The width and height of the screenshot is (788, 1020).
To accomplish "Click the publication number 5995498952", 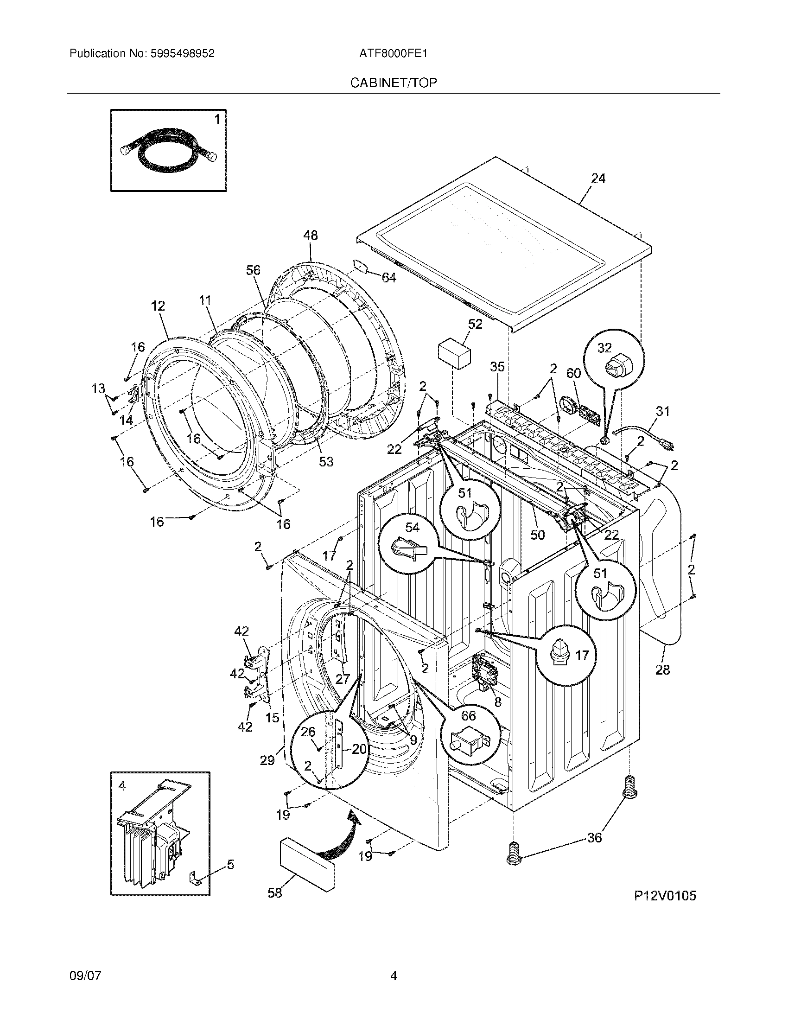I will (183, 54).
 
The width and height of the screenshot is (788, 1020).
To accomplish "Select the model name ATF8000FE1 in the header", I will (393, 54).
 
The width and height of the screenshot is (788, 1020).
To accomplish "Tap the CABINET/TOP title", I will (394, 83).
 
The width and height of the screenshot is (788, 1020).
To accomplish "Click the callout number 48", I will (310, 236).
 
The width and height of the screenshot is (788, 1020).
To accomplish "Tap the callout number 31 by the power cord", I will (662, 411).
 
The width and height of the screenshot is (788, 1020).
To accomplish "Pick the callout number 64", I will (388, 278).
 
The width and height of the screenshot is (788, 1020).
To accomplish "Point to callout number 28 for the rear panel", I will (662, 670).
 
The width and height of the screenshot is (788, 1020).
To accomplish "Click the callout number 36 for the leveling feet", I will (594, 838).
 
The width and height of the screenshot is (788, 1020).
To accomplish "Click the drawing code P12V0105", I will (664, 896).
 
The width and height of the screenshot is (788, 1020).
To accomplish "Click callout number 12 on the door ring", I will (158, 306).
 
